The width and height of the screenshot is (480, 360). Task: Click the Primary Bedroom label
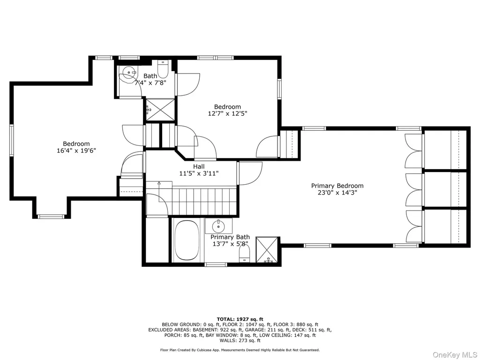[337, 186]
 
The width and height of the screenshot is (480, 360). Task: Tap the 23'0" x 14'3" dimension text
[337, 193]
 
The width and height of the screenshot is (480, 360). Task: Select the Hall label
[199, 167]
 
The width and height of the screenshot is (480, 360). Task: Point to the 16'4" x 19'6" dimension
[76, 150]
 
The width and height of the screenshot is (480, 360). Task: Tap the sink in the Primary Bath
[218, 226]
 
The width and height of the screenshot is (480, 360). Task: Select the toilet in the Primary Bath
[244, 254]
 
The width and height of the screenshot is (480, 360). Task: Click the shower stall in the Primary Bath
[268, 250]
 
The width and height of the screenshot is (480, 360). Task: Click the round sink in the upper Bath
[128, 73]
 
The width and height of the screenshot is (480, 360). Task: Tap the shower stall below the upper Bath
[159, 110]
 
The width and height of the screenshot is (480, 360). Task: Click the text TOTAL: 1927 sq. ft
[240, 319]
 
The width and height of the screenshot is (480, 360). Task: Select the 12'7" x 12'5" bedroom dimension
[227, 113]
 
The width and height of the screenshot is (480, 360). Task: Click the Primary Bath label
[230, 237]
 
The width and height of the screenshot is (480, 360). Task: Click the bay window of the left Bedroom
[51, 217]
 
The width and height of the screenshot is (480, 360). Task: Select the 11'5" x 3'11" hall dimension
[199, 173]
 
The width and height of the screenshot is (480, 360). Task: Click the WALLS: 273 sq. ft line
[240, 340]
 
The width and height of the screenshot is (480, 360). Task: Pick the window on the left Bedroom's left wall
[11, 140]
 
